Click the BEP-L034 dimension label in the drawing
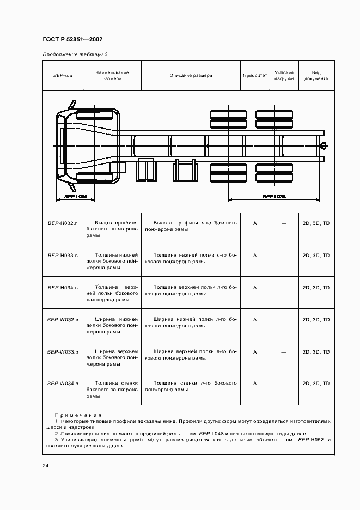(x=76, y=196)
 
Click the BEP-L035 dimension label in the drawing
(x=274, y=196)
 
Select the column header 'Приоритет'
(x=255, y=76)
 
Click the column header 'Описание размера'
(x=191, y=76)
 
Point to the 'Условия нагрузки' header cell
(x=284, y=76)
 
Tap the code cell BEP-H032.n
(x=63, y=223)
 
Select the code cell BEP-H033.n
(x=63, y=255)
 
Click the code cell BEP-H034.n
(x=63, y=287)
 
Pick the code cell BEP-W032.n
(x=63, y=319)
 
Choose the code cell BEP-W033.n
(x=63, y=351)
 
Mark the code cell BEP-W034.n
(x=63, y=384)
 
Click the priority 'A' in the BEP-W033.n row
(x=255, y=351)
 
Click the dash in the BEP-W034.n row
(x=284, y=384)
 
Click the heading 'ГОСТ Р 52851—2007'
(x=72, y=40)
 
